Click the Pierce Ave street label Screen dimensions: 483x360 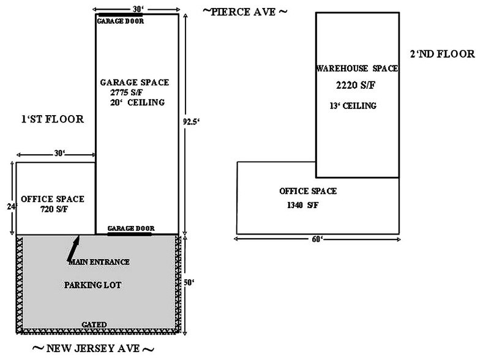(245, 12)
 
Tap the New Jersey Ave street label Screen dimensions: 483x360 (93, 348)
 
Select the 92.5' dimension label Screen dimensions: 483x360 (191, 122)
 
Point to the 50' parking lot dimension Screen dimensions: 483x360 (189, 282)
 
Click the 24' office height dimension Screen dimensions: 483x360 (11, 206)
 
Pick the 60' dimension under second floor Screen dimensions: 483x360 (317, 239)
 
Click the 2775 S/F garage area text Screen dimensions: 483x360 (126, 92)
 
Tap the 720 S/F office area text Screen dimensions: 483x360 (54, 209)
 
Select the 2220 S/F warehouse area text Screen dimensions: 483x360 (356, 85)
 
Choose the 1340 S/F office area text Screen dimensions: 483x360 (303, 205)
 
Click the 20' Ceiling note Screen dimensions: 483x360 (137, 102)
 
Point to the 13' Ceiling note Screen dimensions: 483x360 (353, 106)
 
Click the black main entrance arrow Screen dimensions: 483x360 (73, 249)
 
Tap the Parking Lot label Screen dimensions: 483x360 (92, 285)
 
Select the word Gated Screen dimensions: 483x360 (94, 324)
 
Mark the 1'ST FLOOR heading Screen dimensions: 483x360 (53, 119)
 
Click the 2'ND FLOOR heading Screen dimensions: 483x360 (443, 54)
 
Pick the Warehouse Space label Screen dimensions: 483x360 (357, 68)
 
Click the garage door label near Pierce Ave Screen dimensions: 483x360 (121, 21)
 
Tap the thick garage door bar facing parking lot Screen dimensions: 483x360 (129, 234)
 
